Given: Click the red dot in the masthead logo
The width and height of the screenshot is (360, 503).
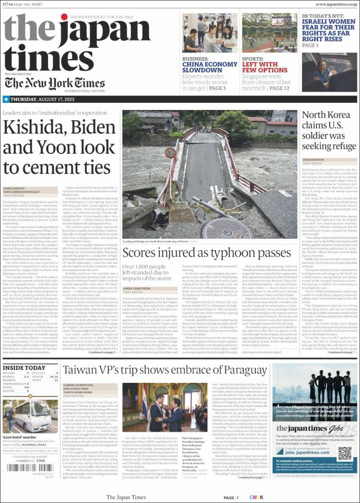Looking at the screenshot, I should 64,17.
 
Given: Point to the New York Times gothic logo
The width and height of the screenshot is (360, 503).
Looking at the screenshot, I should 55,83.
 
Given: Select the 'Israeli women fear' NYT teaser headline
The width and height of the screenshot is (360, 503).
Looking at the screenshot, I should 329,29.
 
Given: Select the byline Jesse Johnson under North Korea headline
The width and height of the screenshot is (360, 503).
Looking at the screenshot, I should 313,159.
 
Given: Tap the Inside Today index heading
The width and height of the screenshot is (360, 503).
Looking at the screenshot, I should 24,368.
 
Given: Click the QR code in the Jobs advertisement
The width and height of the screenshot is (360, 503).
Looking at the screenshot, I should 344,454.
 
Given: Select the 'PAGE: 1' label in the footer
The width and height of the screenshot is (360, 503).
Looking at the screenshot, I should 230,498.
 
